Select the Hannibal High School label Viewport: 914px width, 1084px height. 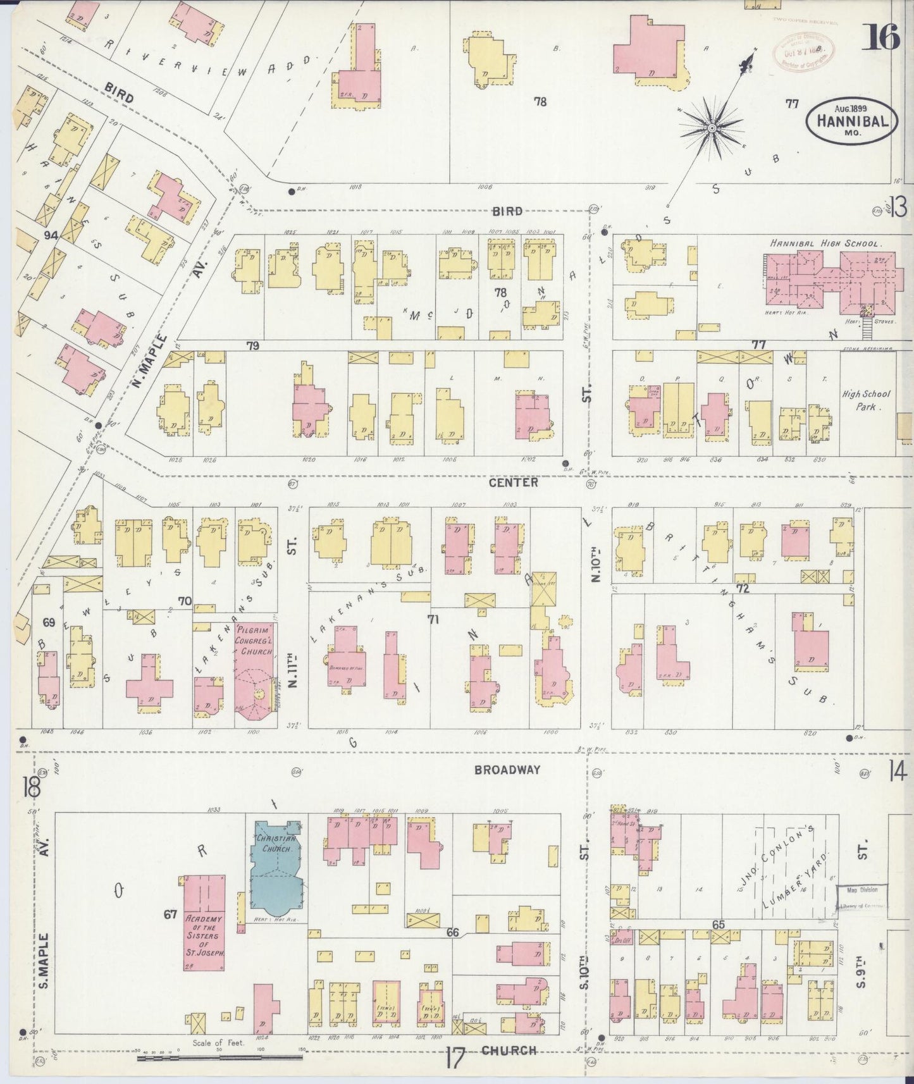pos(826,243)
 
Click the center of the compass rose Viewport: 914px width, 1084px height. pos(712,128)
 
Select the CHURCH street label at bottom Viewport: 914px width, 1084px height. pos(509,1050)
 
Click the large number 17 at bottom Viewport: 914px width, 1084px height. pos(455,1059)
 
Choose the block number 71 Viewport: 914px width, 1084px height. pos(433,620)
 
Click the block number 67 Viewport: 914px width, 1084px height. pos(170,914)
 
